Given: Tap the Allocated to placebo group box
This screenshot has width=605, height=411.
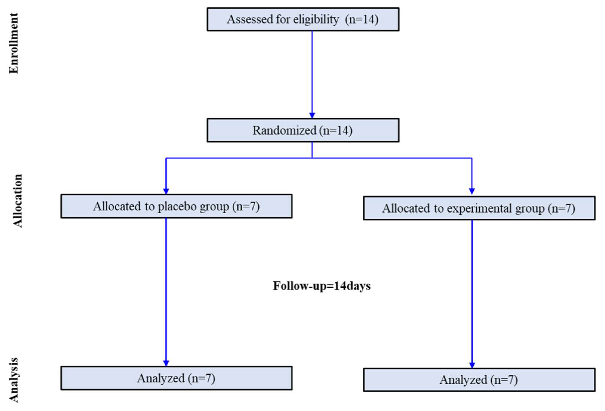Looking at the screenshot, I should point(177,206).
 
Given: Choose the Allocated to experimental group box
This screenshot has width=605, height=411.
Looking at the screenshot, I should point(479,208).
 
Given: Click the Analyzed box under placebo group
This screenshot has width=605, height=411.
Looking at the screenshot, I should point(177,378).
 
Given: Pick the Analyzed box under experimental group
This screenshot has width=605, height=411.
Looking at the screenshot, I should point(479,380).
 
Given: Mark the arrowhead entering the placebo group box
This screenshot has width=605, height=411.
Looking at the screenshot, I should point(166,191).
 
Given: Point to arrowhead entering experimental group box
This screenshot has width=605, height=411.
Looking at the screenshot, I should point(472,191).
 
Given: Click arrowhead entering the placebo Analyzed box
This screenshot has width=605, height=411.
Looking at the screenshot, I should point(166,363).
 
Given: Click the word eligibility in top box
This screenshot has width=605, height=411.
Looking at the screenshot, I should point(316,19).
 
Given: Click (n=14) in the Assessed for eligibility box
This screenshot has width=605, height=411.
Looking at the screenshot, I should point(362,19).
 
